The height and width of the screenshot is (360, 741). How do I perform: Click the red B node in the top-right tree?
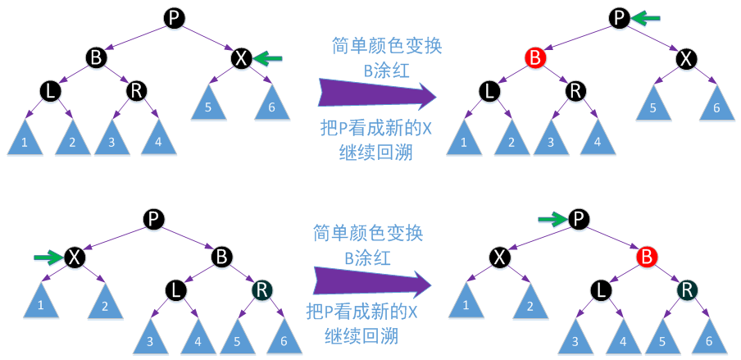pyautogui.click(x=534, y=57)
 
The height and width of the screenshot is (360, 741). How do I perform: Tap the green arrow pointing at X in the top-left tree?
pyautogui.click(x=267, y=57)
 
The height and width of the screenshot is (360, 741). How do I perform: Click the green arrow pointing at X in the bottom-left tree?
pyautogui.click(x=48, y=257)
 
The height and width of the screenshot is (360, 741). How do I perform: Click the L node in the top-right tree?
pyautogui.click(x=489, y=90)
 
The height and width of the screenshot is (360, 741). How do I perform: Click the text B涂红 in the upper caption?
pyautogui.click(x=385, y=70)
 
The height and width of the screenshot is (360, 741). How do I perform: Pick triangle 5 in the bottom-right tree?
pyautogui.click(x=661, y=337)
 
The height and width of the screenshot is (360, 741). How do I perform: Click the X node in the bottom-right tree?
pyautogui.click(x=501, y=257)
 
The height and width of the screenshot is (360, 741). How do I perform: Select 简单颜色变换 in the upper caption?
pyautogui.click(x=386, y=45)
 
